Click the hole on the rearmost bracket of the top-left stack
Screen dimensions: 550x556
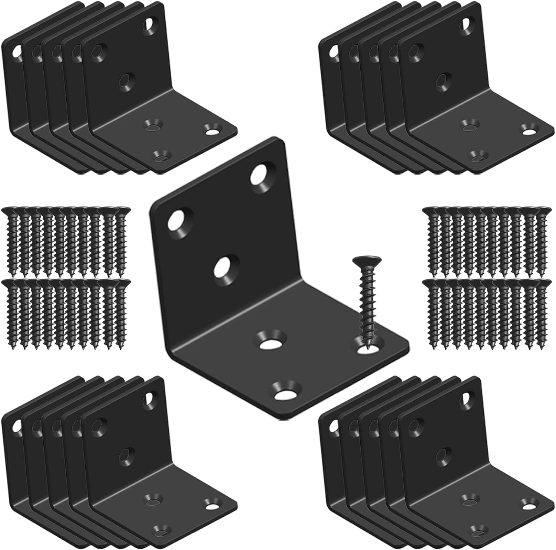coord(16,52)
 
